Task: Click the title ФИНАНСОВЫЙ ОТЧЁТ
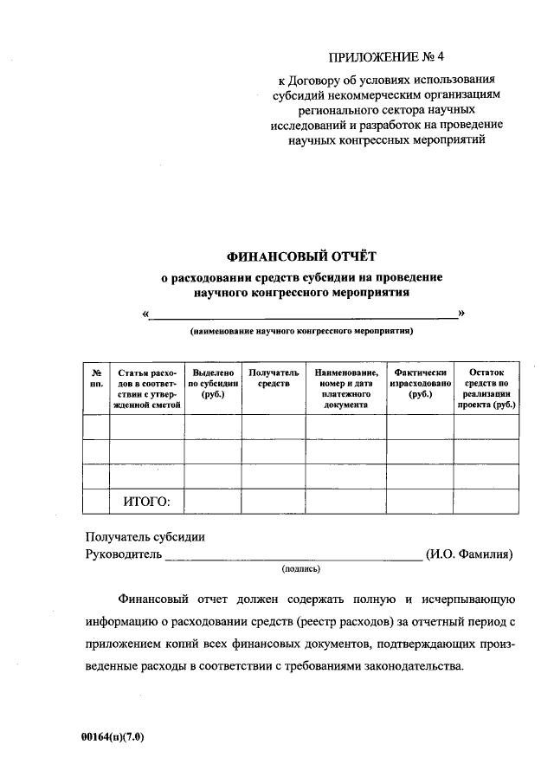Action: coord(302,256)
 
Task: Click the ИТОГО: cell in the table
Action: coord(146,501)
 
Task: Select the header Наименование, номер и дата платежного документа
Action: coord(345,387)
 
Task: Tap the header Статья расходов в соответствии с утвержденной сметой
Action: coord(146,387)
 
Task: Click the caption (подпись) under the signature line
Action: coord(301,569)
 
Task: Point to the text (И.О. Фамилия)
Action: coord(470,554)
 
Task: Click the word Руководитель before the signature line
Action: coord(123,554)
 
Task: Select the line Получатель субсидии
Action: coord(145,536)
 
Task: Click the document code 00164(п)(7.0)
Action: coord(113,737)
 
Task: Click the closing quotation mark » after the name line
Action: coord(461,312)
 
